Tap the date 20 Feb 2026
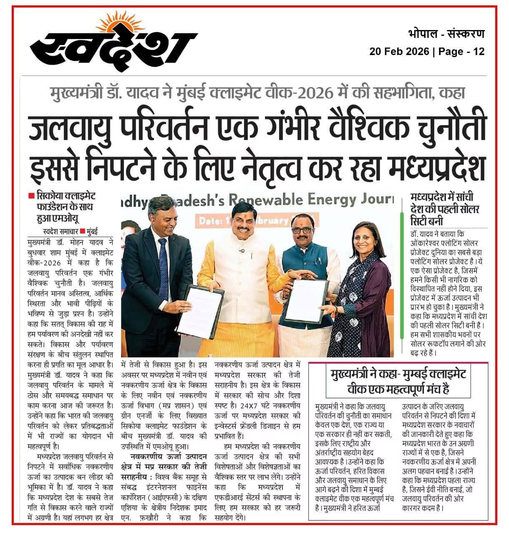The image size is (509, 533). [399, 51]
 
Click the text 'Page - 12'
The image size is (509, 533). [462, 51]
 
